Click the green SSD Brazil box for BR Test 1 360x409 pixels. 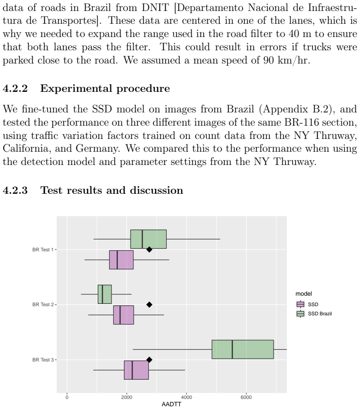pos(148,239)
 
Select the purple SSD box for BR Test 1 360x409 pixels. pos(121,260)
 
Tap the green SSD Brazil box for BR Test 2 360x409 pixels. pos(105,294)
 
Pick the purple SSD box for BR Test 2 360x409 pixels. pos(123,315)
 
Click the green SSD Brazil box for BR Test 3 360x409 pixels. pos(243,349)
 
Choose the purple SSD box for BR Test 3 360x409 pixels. pos(136,370)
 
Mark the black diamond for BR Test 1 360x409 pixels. pos(149,250)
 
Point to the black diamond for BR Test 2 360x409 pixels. pos(149,304)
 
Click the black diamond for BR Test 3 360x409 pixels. pos(149,360)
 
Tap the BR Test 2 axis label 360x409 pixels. pos(43,305)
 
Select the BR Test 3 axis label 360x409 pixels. pos(43,360)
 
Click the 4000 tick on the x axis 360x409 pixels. pos(186,397)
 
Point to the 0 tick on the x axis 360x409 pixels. pos(67,397)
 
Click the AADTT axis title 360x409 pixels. pos(171,404)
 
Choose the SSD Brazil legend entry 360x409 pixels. pos(314,313)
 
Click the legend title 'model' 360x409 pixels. pos(304,294)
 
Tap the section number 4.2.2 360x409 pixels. pos(15,89)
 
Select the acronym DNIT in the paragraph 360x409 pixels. pos(155,8)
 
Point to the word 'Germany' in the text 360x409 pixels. pos(97,149)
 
